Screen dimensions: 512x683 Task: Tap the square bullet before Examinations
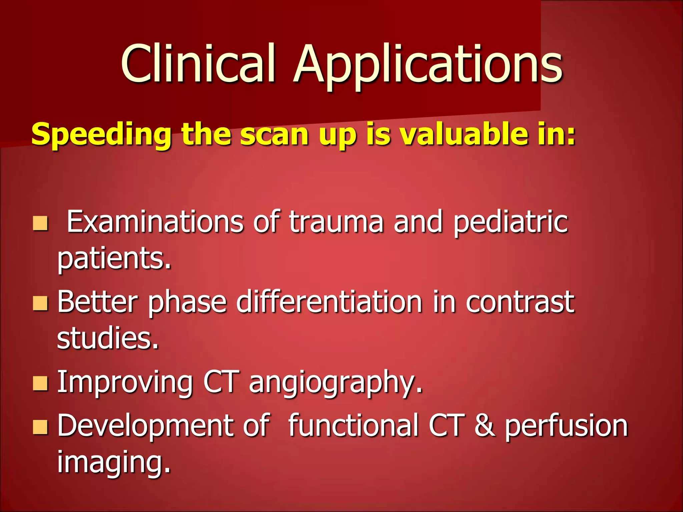tap(40, 224)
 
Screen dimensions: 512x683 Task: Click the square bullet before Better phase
tap(40, 303)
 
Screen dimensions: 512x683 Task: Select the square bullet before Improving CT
tap(40, 383)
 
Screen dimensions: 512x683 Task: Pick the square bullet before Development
tap(40, 427)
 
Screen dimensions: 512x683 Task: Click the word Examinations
tap(155, 222)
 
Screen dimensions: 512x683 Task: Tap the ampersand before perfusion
tap(485, 425)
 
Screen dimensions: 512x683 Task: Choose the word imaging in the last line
tap(113, 463)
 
